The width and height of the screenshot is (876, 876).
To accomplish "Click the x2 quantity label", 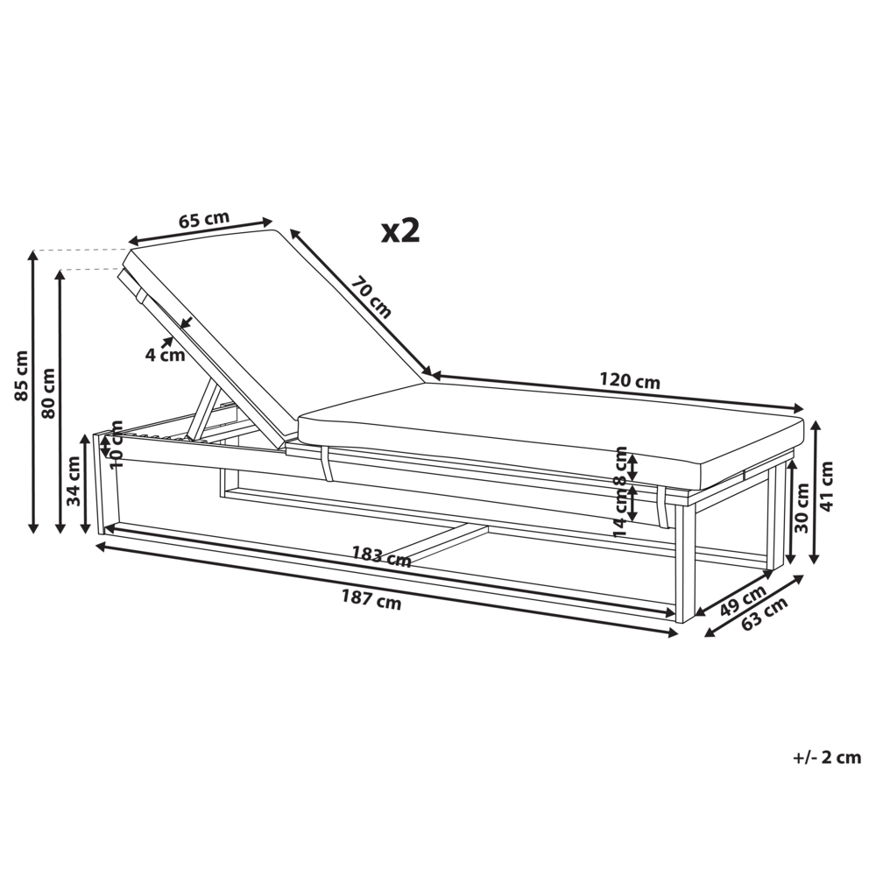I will tap(401, 230).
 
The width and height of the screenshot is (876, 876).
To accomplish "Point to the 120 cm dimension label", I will tap(630, 381).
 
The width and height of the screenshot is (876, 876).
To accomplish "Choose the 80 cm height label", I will tap(49, 392).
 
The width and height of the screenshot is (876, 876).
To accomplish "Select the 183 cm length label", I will tap(381, 555).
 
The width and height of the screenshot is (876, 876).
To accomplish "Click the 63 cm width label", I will tap(764, 614).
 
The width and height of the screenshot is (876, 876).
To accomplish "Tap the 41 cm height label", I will tap(828, 485).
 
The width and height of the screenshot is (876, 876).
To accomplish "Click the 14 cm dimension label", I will tap(620, 511).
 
